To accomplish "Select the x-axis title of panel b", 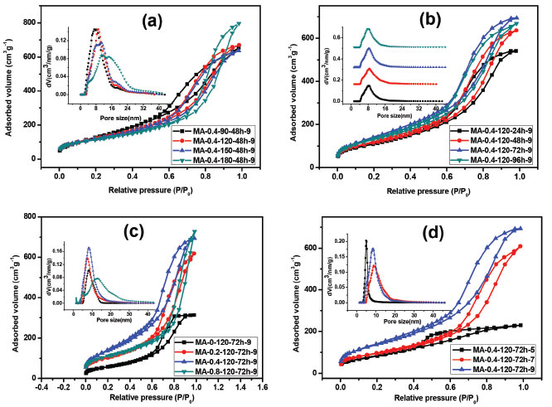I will point(428,191).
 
